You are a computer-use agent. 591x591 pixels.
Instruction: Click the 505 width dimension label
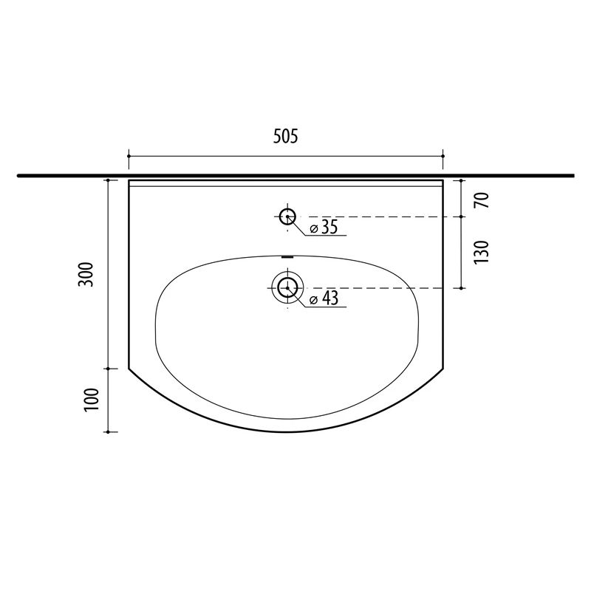(x=285, y=136)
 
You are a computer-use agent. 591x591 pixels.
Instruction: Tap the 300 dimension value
(x=86, y=274)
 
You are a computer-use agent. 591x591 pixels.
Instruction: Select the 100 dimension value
(x=91, y=400)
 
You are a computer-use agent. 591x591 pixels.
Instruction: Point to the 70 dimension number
(x=482, y=199)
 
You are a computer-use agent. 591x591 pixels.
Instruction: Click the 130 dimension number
(x=481, y=252)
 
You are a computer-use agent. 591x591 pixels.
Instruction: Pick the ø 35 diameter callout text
(x=324, y=228)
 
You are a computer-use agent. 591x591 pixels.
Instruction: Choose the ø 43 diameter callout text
(x=324, y=298)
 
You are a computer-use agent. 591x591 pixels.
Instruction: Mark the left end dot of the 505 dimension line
(x=129, y=156)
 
